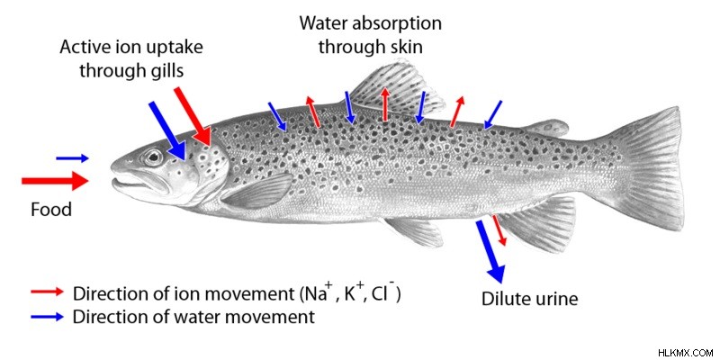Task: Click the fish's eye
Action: (154, 157)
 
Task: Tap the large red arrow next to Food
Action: (55, 181)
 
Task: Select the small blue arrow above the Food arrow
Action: (72, 159)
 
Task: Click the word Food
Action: (51, 210)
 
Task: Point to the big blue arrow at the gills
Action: (167, 130)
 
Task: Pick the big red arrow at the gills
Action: (193, 116)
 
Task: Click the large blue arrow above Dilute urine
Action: (490, 251)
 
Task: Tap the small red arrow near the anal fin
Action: (499, 230)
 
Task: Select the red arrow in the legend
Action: (48, 292)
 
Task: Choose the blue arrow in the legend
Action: (48, 317)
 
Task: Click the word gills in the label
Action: (165, 71)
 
